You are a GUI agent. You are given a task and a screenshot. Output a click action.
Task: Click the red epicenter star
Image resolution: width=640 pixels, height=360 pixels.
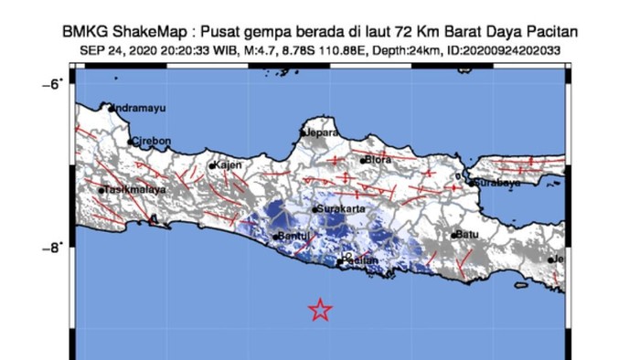coord(319,310)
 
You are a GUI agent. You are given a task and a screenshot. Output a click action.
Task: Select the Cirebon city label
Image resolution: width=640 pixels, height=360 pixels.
coord(150,142)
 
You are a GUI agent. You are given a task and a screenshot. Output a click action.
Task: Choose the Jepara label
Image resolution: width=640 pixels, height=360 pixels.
coord(322,132)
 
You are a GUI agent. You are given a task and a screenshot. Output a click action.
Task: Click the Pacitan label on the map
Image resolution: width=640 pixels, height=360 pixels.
coord(362,261)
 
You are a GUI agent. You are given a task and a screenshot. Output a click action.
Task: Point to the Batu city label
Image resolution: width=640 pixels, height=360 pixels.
coord(469,234)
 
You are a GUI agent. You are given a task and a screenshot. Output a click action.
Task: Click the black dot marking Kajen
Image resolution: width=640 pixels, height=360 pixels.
coord(212,166)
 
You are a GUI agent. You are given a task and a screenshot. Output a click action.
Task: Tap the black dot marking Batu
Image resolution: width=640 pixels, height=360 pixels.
coord(454,235)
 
